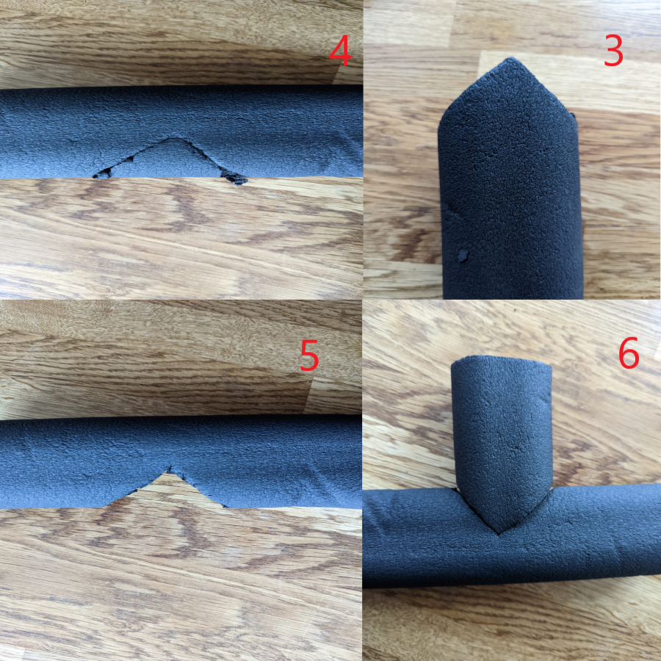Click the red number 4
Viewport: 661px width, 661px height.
pos(340,51)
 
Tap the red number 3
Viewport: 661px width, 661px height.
pos(613,51)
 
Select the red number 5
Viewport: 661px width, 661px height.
pos(309,355)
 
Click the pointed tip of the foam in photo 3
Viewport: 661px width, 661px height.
pos(511,59)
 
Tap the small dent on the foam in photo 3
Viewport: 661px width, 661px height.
pos(463,256)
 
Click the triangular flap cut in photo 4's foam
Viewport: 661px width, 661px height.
pos(170,159)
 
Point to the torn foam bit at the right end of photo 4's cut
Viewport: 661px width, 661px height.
pos(234,178)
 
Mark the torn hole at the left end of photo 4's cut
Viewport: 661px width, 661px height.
pos(104,173)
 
